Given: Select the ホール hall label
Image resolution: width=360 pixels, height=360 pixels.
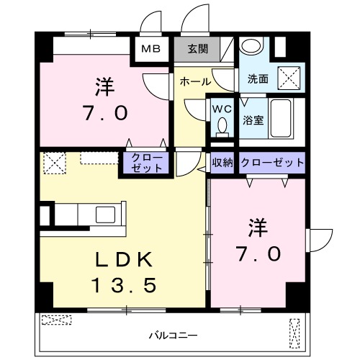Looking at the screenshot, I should coord(195,81).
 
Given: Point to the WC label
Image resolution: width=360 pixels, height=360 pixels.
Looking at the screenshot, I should coord(221,108).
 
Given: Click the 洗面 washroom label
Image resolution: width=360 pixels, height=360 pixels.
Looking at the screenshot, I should coord(258,78).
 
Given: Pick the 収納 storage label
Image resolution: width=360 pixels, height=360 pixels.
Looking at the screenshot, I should coord(222,163).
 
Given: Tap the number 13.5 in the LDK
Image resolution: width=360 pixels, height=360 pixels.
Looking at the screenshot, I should coord(123,286).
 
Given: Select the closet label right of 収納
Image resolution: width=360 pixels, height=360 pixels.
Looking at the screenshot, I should coord(271,163).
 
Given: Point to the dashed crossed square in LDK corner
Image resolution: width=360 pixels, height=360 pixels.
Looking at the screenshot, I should coord(55,163).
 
